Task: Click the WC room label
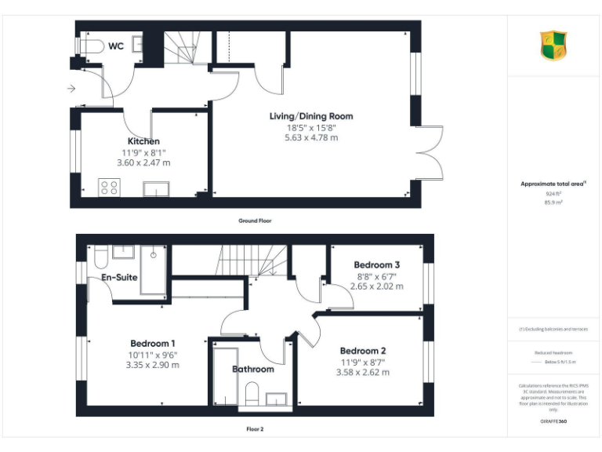point(116,46)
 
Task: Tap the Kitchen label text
point(143,141)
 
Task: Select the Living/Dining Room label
point(311,116)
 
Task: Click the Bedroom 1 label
point(152,343)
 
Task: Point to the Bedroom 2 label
point(363,351)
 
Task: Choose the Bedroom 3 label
point(377,264)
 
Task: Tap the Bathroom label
point(252,369)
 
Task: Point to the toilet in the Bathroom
point(252,392)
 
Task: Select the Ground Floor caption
point(255,221)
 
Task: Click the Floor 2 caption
point(255,429)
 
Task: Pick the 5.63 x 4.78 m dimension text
point(311,137)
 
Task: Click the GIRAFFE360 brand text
point(553,422)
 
